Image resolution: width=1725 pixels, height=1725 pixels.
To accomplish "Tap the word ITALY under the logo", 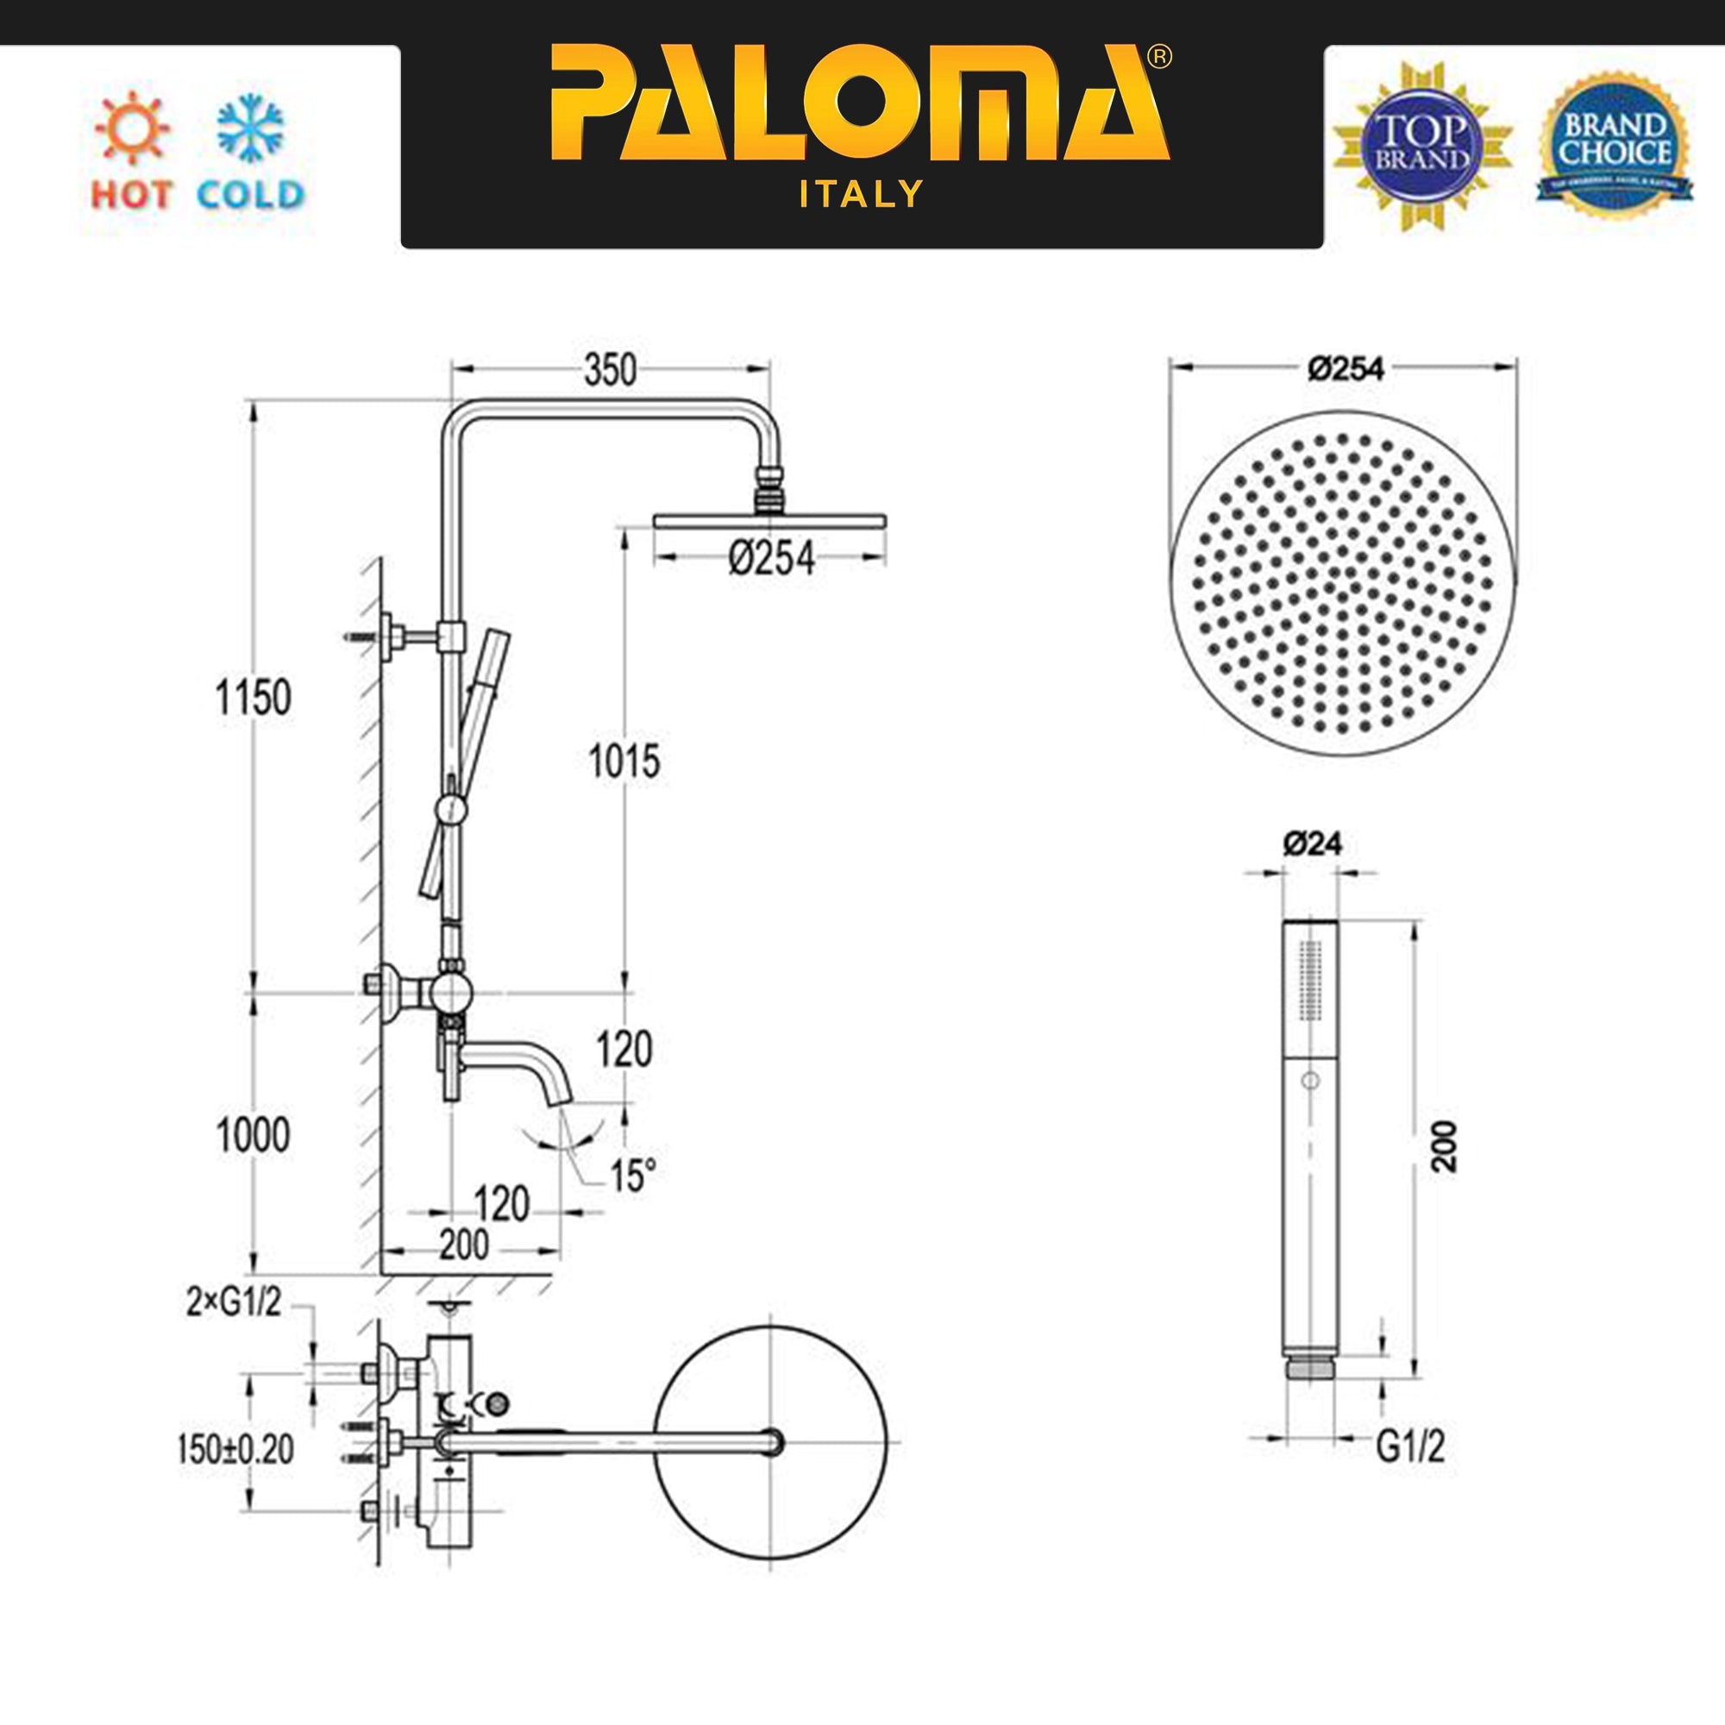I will tap(861, 194).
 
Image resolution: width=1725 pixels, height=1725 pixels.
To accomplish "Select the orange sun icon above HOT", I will tap(131, 128).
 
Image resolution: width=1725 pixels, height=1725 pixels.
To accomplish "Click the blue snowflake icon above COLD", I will tap(250, 128).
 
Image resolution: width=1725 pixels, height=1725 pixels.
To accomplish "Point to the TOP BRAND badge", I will tap(1421, 146).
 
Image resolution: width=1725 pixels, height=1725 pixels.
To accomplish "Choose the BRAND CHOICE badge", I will tap(1615, 146).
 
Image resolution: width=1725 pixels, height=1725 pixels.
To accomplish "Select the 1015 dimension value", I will tap(624, 762).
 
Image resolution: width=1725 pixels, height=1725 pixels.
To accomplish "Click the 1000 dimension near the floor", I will tap(254, 1136).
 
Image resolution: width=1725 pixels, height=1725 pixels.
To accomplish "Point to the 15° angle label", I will tap(633, 1176).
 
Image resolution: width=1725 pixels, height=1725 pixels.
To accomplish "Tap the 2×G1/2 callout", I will tap(234, 1304).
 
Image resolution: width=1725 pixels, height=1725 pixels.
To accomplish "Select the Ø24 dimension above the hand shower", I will tap(1313, 844).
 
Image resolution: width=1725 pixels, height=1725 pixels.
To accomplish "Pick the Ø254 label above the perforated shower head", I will tap(1346, 369).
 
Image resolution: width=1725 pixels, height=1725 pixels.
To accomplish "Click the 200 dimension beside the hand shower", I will tap(1443, 1146).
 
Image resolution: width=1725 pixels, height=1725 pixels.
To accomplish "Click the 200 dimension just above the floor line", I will tap(464, 1245).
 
